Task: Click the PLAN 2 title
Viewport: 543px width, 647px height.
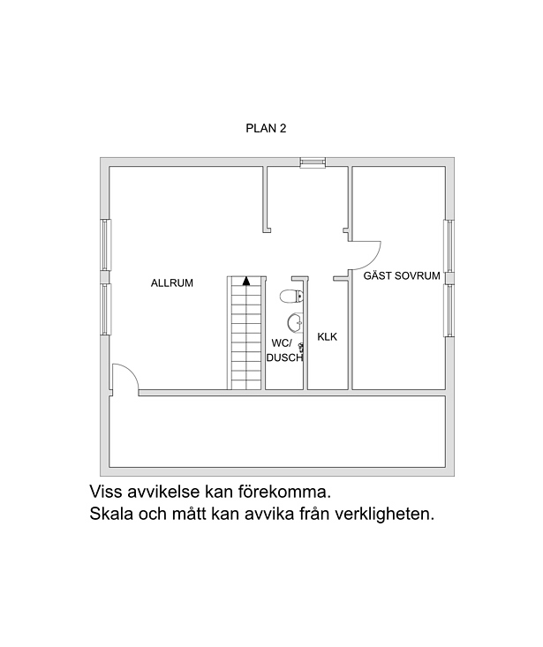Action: (x=266, y=128)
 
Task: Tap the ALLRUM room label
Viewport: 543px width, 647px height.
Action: (x=171, y=283)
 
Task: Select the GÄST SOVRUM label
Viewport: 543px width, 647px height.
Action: (x=402, y=275)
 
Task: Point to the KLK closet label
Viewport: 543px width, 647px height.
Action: (x=328, y=336)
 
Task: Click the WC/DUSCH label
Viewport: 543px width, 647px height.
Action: (x=284, y=350)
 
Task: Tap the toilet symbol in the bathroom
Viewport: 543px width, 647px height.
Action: (x=291, y=296)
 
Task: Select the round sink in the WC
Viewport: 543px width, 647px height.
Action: (x=295, y=322)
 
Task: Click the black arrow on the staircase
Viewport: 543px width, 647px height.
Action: (x=246, y=281)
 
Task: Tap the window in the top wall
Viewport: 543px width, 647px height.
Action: (x=313, y=162)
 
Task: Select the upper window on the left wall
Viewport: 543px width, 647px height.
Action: (x=107, y=245)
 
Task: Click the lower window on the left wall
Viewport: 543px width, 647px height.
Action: (x=107, y=309)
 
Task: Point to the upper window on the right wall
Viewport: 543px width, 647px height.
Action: (x=449, y=246)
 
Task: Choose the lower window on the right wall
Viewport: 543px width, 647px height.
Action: (x=449, y=311)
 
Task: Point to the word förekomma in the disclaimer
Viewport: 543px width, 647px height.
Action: (x=284, y=492)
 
